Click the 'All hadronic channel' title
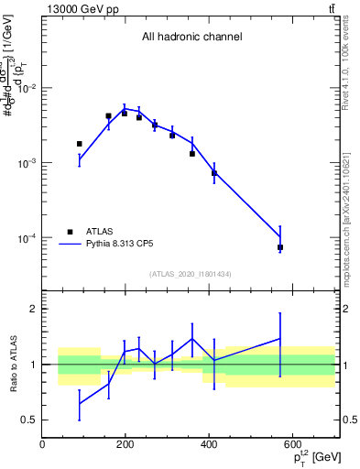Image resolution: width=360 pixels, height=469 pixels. click(191, 38)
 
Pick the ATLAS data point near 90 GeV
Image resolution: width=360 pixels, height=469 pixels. click(80, 144)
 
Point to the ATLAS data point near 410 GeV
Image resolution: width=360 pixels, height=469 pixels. click(213, 172)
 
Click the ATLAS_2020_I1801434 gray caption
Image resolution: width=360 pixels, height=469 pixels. click(190, 274)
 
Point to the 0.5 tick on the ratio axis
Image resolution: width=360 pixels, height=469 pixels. click(29, 420)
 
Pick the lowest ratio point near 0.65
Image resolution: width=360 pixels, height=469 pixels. click(80, 403)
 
